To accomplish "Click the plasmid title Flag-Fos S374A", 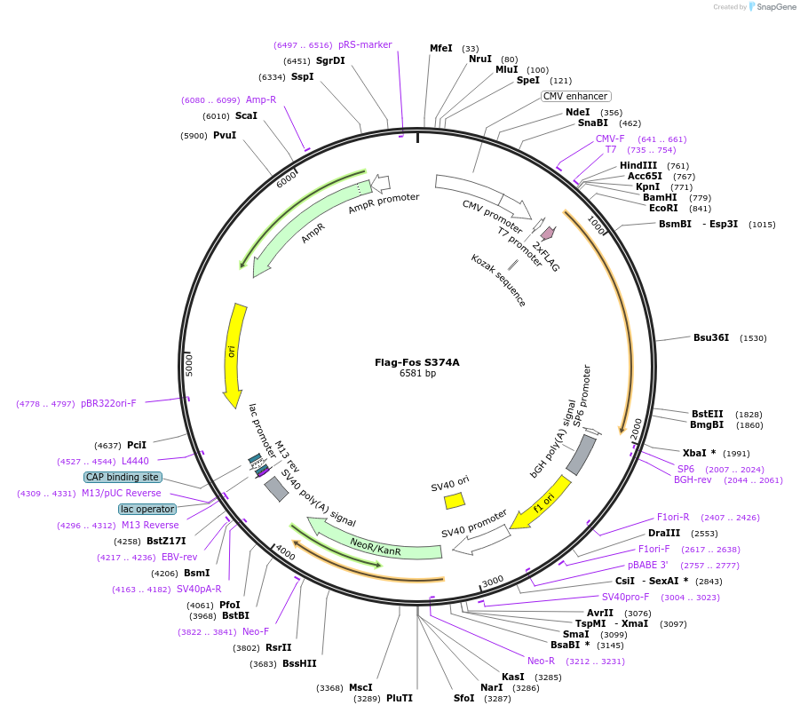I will point(416,361).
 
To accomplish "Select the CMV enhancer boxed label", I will point(575,96).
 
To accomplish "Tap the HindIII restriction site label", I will point(638,165).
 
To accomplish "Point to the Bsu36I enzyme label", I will point(710,337).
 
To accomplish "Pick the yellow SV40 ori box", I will point(454,500).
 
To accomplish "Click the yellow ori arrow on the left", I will point(234,355).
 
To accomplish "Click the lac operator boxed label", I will point(147,509).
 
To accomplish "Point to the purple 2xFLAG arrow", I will point(548,234).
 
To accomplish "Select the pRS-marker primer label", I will point(365,44).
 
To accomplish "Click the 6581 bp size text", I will point(416,374).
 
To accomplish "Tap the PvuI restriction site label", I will point(225,135).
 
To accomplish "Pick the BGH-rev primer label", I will point(693,479).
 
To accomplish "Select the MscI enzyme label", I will point(360,687).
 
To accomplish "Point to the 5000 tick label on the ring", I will point(189,364).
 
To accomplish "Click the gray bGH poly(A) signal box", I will point(581,455).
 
